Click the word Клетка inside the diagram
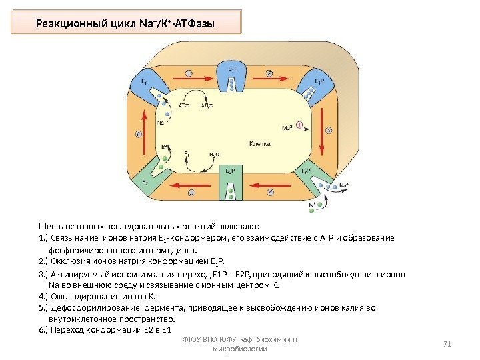[x=259, y=143]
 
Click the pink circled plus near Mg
[x=299, y=124]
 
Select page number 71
[x=447, y=344]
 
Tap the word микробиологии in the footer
[x=239, y=349]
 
